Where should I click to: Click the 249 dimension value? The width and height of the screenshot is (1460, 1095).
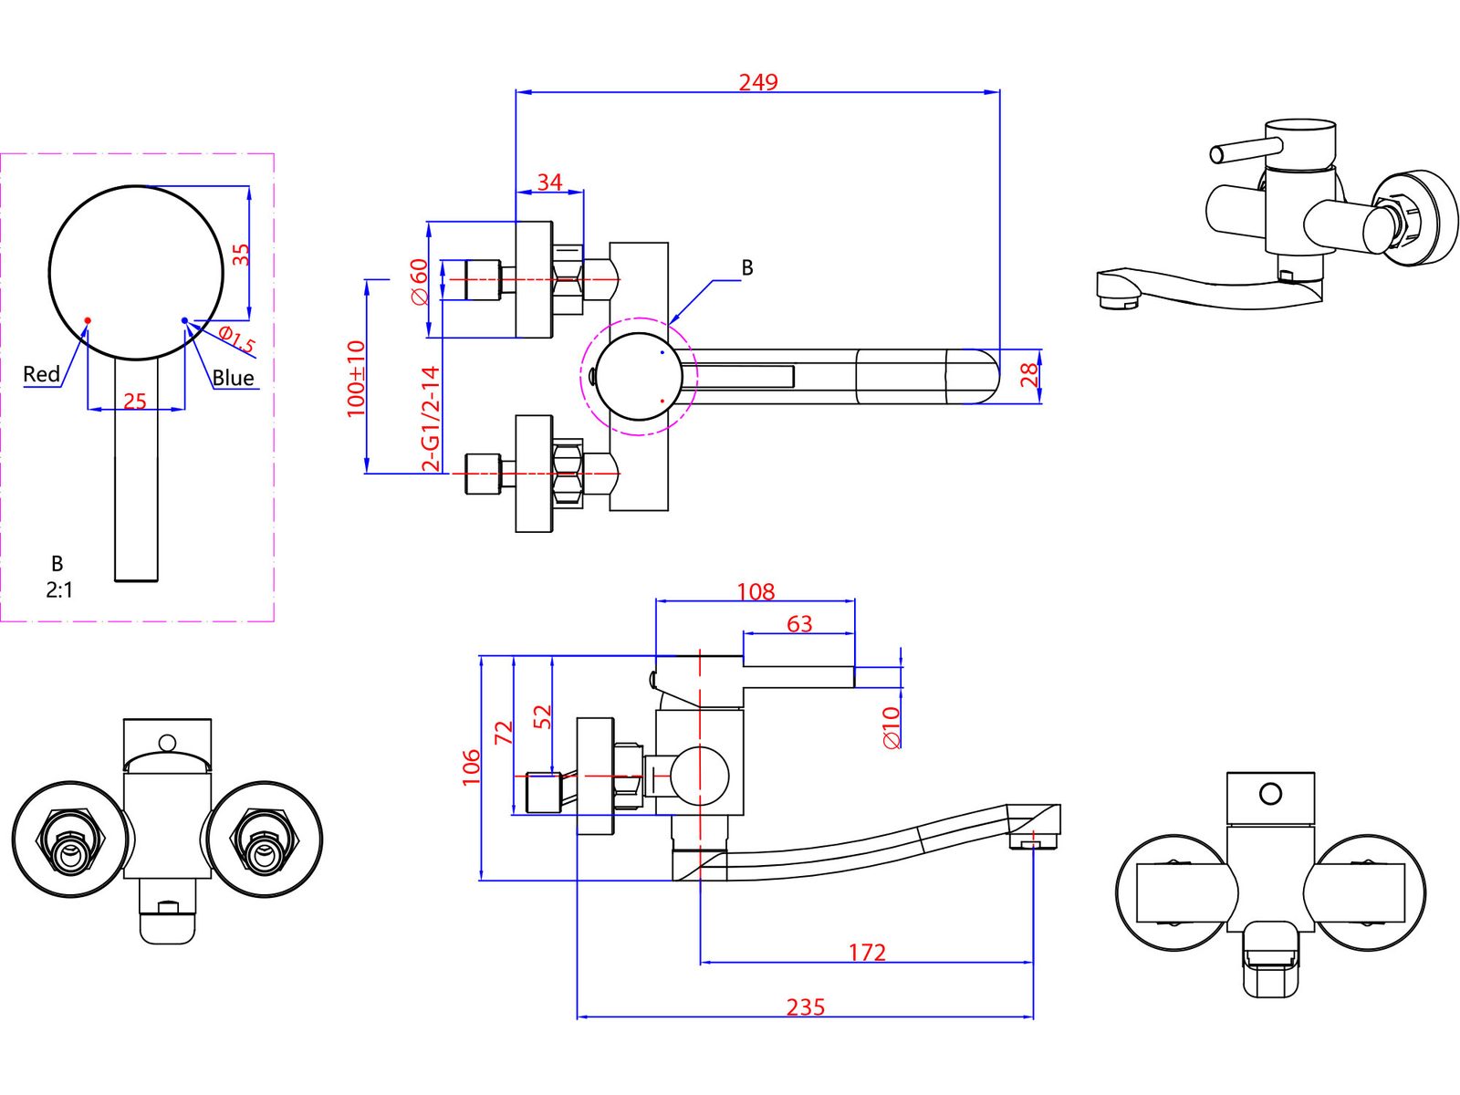pos(757,82)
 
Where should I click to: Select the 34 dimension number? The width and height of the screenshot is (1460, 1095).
pos(549,182)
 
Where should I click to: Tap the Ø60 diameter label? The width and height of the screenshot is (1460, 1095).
pos(420,282)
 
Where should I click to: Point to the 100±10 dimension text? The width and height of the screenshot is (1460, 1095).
pos(356,379)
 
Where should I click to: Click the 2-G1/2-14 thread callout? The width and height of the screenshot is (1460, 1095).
pos(431,419)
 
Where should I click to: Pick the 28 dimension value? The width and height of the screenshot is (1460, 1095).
pos(1028,375)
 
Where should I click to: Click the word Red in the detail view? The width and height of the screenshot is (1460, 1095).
pos(41,374)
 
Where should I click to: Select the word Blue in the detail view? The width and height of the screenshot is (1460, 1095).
pos(233,379)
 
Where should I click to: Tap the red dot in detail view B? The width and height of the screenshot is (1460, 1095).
pos(87,320)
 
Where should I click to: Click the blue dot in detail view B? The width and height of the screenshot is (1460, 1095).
pos(184,320)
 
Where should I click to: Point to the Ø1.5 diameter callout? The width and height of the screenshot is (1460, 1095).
pos(236,339)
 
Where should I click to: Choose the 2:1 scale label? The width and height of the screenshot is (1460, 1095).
pos(59,589)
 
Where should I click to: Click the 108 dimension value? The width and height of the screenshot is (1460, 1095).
pos(756,591)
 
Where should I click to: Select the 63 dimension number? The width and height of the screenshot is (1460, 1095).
pos(798,624)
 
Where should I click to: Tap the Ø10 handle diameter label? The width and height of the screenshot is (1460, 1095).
pos(891,728)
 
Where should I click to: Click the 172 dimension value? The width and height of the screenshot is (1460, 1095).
pos(867,953)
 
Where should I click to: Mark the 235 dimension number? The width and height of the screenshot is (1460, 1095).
pos(805,1007)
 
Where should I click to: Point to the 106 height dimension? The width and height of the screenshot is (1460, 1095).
pos(471,766)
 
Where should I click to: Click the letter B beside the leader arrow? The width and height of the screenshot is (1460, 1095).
pos(747,268)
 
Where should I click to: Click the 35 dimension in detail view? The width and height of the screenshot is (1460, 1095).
pos(241,255)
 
